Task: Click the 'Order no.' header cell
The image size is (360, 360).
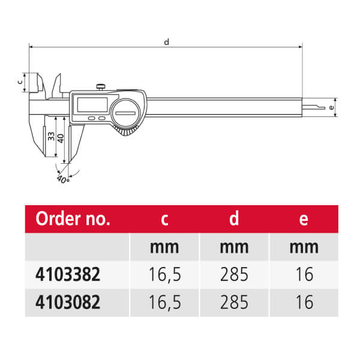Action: point(73,219)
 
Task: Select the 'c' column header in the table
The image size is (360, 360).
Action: point(164,220)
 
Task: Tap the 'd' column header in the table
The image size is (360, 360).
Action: point(234,218)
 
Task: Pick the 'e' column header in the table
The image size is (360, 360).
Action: point(304,220)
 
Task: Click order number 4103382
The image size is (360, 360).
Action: point(68,274)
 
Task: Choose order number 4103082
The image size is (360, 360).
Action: point(68,302)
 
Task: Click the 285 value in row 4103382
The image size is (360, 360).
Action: point(234,274)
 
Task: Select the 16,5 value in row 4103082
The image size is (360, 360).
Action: point(165,302)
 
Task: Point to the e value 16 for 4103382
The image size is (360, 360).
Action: point(304,274)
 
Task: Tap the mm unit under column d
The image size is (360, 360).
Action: point(234,247)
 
